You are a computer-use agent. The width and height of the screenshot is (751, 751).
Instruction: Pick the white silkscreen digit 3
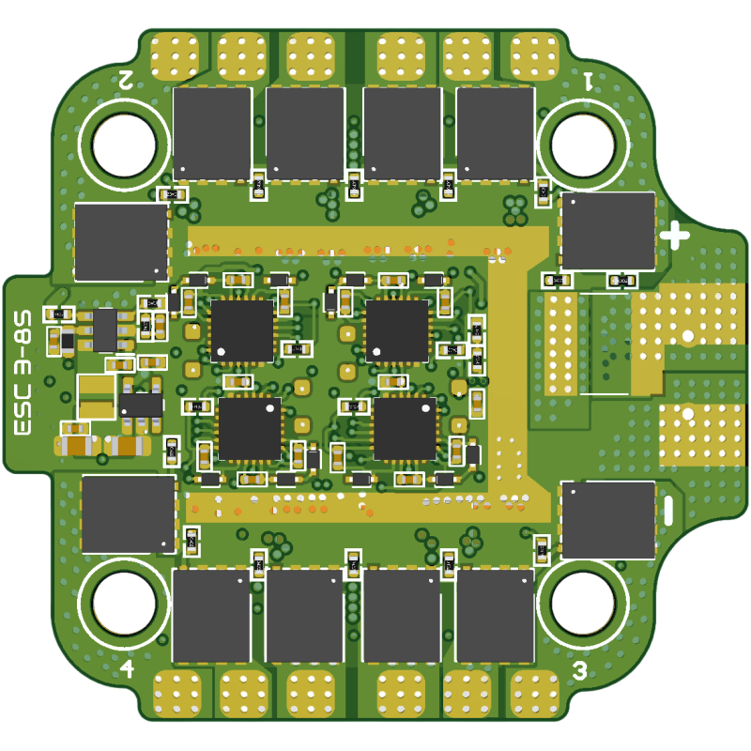point(580,670)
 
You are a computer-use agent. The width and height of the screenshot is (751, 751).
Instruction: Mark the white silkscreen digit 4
point(127,668)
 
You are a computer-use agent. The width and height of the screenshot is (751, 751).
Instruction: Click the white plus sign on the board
point(674,236)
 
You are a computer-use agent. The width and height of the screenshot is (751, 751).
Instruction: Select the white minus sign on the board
point(668,510)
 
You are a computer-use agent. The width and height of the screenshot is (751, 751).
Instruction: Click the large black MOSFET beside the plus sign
point(607,231)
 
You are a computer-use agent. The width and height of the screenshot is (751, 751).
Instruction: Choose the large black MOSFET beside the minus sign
point(607,520)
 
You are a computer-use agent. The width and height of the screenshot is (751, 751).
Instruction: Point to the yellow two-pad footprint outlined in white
point(96,396)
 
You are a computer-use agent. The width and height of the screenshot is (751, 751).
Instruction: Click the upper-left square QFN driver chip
point(242,330)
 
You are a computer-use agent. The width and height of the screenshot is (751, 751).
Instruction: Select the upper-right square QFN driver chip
point(397,330)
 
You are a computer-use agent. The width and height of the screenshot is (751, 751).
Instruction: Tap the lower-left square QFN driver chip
point(250,428)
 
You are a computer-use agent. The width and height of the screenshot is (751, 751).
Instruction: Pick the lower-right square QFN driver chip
point(405,428)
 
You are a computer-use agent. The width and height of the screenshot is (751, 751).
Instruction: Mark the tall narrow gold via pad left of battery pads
point(561,342)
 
